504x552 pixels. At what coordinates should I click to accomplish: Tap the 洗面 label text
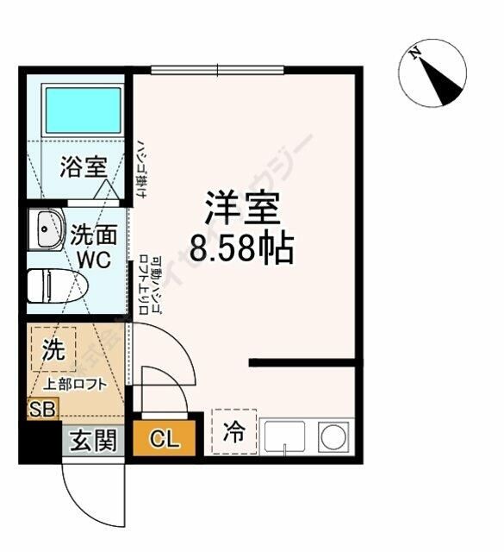point(91,234)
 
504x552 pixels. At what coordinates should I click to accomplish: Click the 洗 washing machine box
point(53,351)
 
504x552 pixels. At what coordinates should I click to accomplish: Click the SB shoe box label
point(41,409)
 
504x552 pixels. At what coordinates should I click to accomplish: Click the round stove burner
point(333,436)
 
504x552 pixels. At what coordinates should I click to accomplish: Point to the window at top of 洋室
point(216,69)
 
